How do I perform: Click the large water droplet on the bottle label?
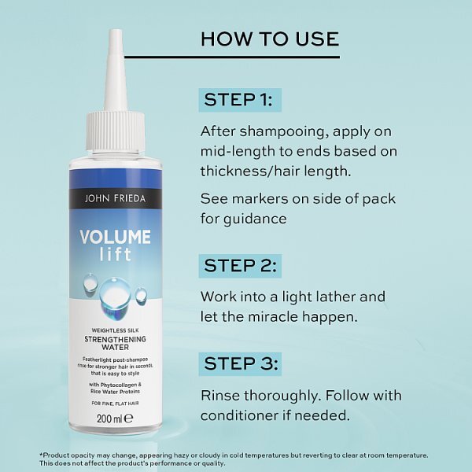(113, 289)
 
